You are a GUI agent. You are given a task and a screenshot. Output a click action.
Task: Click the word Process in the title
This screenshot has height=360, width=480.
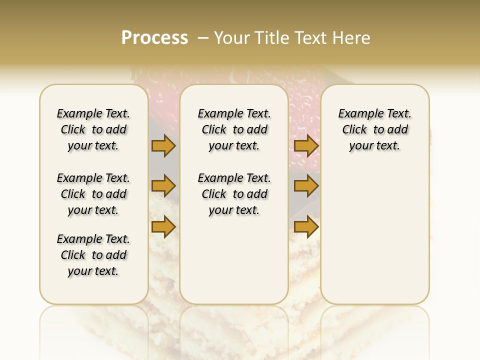click(x=154, y=38)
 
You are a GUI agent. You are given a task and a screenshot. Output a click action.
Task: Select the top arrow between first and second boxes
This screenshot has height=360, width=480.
click(x=163, y=145)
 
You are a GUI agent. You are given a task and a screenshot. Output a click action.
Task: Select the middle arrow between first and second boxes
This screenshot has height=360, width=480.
click(x=163, y=186)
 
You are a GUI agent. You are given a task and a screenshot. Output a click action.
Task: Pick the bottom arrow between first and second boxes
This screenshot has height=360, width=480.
click(x=163, y=227)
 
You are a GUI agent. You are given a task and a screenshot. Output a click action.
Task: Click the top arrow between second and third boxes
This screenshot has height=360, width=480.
click(x=306, y=145)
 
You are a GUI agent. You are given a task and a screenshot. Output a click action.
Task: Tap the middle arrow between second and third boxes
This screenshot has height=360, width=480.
click(x=306, y=186)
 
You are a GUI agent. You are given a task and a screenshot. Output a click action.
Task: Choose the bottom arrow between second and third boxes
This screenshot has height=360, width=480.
click(x=306, y=227)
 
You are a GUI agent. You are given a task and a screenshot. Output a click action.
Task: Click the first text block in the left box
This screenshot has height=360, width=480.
click(x=93, y=129)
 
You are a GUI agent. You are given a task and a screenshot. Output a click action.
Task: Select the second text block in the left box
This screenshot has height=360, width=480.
click(x=93, y=194)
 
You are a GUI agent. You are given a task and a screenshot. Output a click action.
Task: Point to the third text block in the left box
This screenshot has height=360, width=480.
click(x=93, y=255)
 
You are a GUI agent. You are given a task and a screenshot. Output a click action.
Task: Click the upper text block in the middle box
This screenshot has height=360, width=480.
click(x=234, y=129)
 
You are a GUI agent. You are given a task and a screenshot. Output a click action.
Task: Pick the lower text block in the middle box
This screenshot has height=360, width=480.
click(x=234, y=194)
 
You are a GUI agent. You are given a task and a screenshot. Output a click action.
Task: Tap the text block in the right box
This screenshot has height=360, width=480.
click(x=374, y=129)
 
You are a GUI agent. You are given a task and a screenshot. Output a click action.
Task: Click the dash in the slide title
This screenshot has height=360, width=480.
click(x=203, y=38)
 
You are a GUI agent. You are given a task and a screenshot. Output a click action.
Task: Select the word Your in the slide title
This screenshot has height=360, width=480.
click(x=233, y=38)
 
